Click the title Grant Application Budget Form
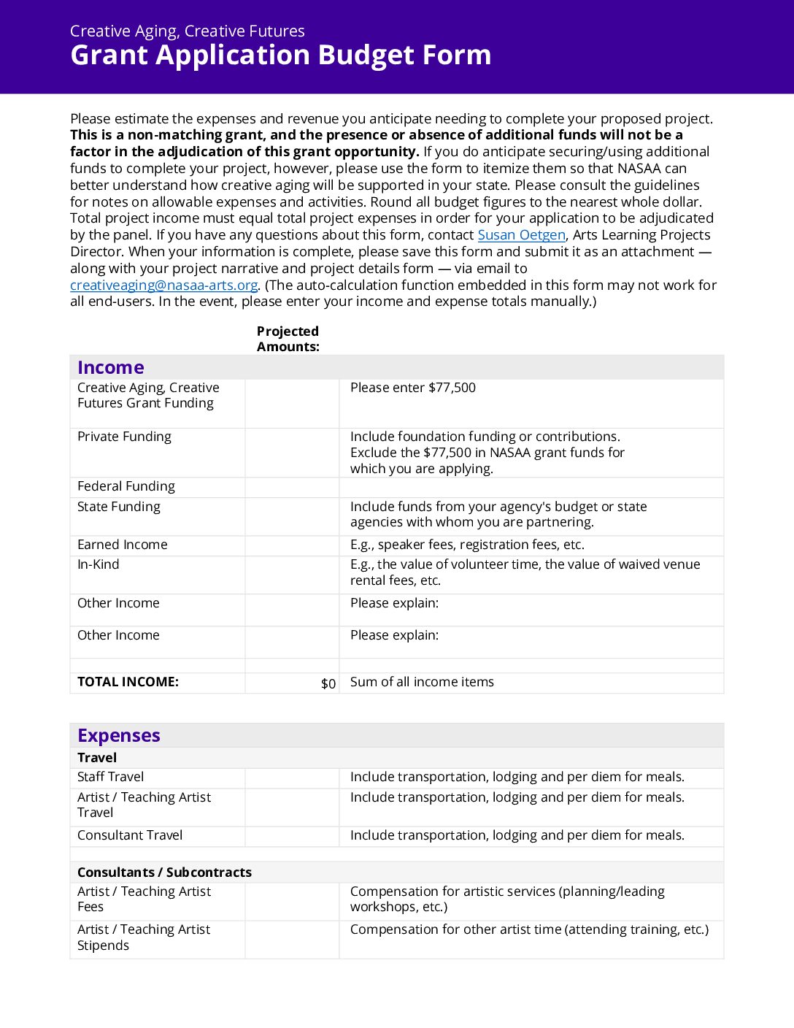coord(280,55)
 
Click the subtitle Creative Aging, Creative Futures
coord(188,31)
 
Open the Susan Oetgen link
coord(521,235)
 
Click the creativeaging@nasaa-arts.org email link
coord(163,285)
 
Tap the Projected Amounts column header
coord(288,339)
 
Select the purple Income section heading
coord(111,367)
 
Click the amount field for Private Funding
coord(292,453)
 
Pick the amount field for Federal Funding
coord(292,487)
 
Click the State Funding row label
coord(119,507)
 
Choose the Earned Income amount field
coord(292,545)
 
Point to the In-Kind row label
coord(99,564)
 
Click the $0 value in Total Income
coord(328,683)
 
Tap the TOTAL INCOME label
coord(128,682)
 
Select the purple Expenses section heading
coord(119,735)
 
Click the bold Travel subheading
coord(97,758)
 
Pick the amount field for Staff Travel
coord(292,778)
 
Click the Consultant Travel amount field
coord(292,836)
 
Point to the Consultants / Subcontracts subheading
coord(164,872)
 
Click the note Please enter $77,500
coord(413,388)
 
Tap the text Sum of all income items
coord(422,682)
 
